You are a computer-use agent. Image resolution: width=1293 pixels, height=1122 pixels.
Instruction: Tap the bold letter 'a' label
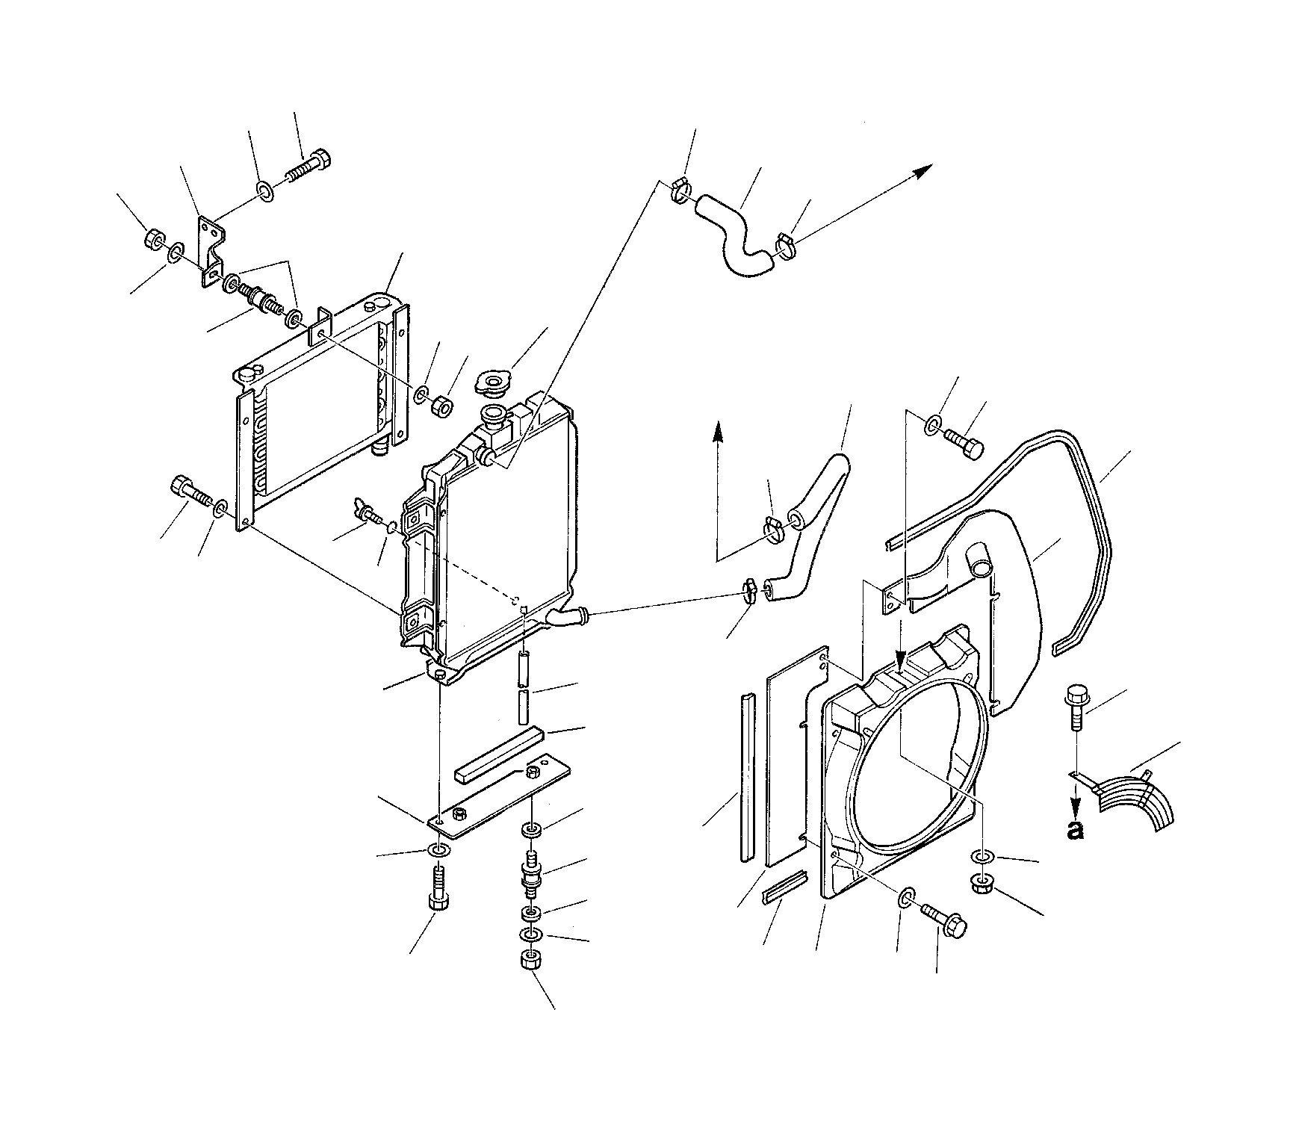coord(1075,830)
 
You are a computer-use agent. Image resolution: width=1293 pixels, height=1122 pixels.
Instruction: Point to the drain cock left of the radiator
coord(368,513)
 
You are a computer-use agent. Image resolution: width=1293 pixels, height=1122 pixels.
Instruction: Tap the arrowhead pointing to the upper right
coord(925,168)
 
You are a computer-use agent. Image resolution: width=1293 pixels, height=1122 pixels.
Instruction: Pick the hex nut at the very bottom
coord(530,960)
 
